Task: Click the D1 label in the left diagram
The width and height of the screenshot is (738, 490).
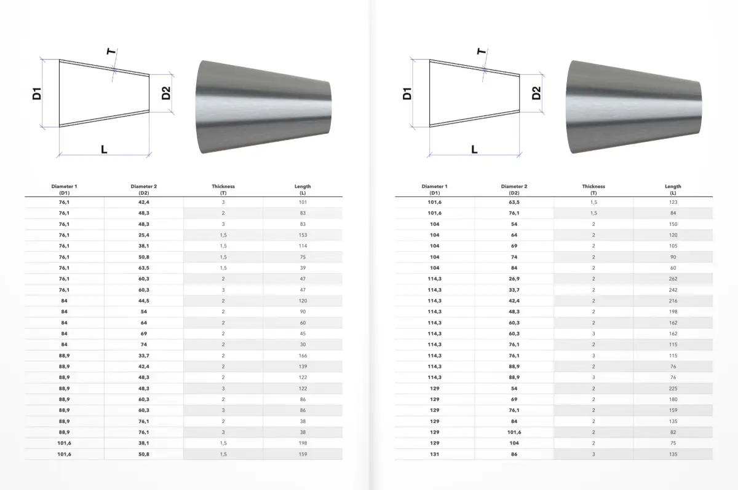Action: pos(37,93)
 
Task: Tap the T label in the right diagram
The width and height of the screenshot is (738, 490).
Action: pos(482,52)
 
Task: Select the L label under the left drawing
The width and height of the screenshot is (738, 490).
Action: pos(104,150)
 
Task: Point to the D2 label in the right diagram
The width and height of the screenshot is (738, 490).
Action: pos(536,93)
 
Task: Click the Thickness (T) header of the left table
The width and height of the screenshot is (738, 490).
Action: pos(223,189)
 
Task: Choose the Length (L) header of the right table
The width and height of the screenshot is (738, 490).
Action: pos(673,189)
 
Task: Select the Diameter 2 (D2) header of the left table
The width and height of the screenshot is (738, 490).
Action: pos(144,189)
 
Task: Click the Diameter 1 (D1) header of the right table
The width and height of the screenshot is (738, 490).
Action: pos(435,189)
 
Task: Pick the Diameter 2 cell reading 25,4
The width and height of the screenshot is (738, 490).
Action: pos(144,235)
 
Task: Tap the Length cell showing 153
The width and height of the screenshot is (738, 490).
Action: pos(303,235)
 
